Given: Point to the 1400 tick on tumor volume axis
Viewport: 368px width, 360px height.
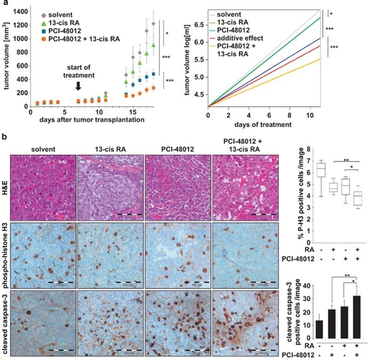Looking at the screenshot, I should coord(19,11).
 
